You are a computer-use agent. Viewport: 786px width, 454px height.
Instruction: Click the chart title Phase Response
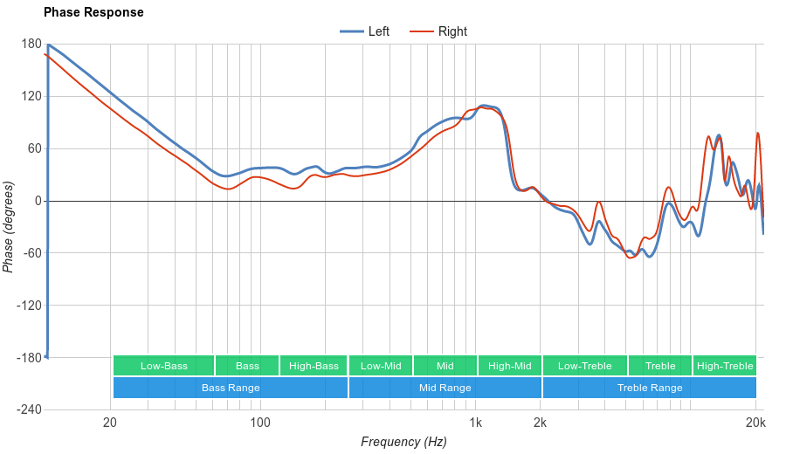coord(93,12)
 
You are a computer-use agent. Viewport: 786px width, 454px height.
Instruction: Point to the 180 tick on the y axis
coord(31,45)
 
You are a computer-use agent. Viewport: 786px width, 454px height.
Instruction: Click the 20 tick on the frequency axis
coord(110,423)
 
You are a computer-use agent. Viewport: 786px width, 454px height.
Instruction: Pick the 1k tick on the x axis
coord(475,423)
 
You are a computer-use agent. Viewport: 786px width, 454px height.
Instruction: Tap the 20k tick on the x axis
coord(756,423)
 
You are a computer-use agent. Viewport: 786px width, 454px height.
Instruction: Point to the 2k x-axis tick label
coord(541,423)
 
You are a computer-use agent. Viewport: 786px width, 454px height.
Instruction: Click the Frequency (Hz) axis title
coord(403,442)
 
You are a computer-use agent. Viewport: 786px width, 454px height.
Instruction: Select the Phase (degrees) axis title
coord(9,227)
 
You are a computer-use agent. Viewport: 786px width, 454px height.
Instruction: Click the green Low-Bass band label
coord(163,366)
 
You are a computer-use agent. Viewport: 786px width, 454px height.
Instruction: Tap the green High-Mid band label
coord(509,366)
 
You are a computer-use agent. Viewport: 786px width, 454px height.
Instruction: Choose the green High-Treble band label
coord(725,366)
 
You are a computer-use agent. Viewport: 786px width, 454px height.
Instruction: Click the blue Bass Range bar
coord(231,388)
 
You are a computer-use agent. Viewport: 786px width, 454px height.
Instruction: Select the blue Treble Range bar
coord(650,388)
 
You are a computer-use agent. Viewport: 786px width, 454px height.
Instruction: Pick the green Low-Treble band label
coord(584,366)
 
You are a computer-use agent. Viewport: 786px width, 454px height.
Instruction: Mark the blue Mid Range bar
coord(445,388)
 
